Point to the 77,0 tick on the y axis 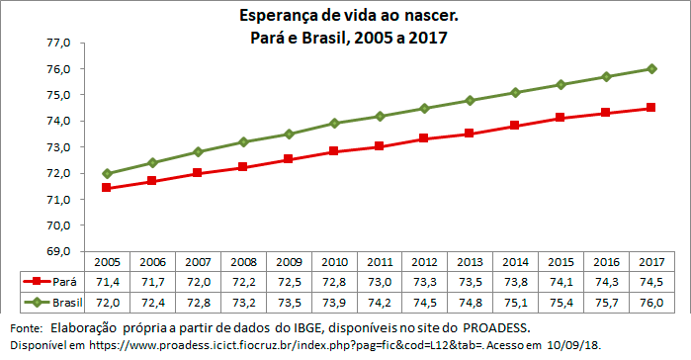[56, 44]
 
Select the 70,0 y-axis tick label [56, 225]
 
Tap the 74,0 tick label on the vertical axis [56, 122]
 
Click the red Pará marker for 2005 [106, 188]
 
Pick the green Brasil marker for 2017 [650, 68]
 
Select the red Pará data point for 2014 [515, 126]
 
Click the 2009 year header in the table [288, 262]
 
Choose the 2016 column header [605, 262]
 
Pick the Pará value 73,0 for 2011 [379, 282]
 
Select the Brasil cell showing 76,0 [650, 301]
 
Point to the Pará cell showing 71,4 [106, 282]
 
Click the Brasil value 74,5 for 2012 [424, 301]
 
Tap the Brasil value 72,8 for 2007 [197, 301]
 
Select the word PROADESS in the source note [498, 326]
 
